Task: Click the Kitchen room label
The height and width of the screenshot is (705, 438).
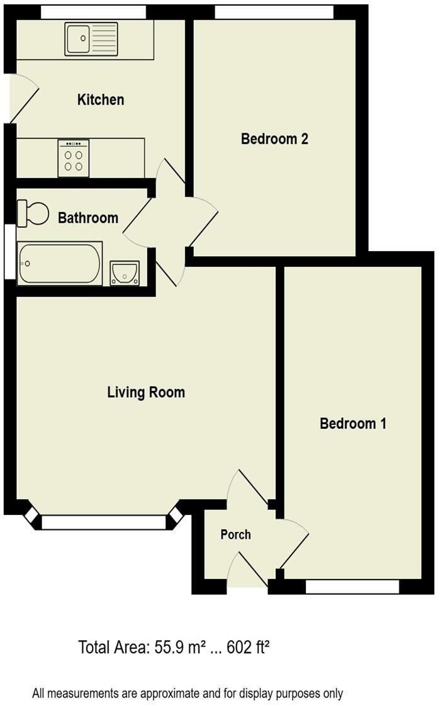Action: coord(101,99)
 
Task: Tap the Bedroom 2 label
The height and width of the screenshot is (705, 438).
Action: coord(274,139)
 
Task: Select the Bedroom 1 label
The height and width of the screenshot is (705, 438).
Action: coord(353,424)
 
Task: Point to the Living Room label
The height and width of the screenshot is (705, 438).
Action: coord(146,392)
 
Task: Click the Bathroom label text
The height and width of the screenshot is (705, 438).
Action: coord(88,218)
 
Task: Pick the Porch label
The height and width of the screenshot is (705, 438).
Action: coord(235,534)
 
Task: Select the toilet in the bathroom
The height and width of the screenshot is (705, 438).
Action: coord(33,213)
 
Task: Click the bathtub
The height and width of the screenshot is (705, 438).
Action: coord(59,263)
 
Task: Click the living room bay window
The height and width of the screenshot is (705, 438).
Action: coord(104,522)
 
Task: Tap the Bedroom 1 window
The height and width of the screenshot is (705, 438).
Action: coord(352,587)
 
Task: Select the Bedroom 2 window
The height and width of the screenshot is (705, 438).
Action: coord(274,12)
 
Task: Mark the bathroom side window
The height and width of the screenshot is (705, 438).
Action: coord(9,250)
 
